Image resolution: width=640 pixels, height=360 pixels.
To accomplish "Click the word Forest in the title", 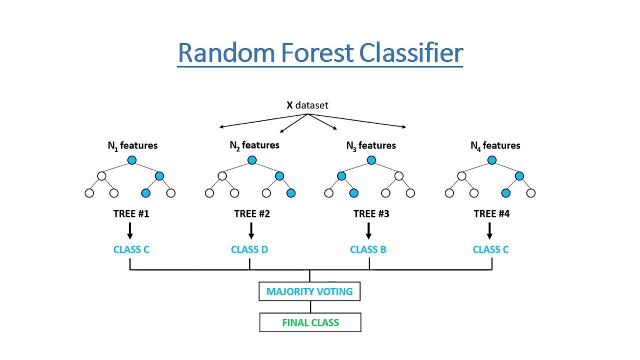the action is click(x=317, y=53).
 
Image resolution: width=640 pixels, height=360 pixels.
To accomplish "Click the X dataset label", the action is click(x=307, y=105).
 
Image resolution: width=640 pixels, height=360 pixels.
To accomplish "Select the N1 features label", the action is click(x=132, y=146).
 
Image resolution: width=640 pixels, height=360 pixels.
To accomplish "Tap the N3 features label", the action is click(x=371, y=146).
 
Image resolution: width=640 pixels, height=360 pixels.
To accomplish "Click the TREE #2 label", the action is click(x=252, y=214).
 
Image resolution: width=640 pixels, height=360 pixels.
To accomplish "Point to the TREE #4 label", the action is click(x=491, y=214).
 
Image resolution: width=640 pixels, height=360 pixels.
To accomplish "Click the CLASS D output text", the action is click(x=250, y=250).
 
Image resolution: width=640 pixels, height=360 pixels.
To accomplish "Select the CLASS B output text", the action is click(x=368, y=250).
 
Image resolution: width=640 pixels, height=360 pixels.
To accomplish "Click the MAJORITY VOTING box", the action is click(x=309, y=291).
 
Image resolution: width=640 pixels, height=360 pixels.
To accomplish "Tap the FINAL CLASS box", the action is click(x=310, y=322).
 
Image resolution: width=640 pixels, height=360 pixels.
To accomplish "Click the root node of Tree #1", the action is click(x=132, y=160).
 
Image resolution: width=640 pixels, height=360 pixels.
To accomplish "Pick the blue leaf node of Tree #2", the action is click(x=291, y=193).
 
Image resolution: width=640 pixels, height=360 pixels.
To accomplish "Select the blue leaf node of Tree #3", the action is click(x=354, y=193).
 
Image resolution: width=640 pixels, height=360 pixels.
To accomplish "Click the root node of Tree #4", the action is click(x=492, y=160).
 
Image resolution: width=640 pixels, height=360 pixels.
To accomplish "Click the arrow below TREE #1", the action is click(x=130, y=231).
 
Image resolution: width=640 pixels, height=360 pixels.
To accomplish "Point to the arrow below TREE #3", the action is click(x=369, y=231).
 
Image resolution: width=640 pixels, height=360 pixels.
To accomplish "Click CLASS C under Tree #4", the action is click(x=491, y=250).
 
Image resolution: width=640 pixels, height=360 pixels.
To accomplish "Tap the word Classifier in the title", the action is click(x=411, y=53).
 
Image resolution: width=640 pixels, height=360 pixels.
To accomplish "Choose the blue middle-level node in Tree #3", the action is click(x=341, y=176).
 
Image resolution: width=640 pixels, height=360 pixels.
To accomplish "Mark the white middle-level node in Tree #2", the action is click(x=222, y=176).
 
